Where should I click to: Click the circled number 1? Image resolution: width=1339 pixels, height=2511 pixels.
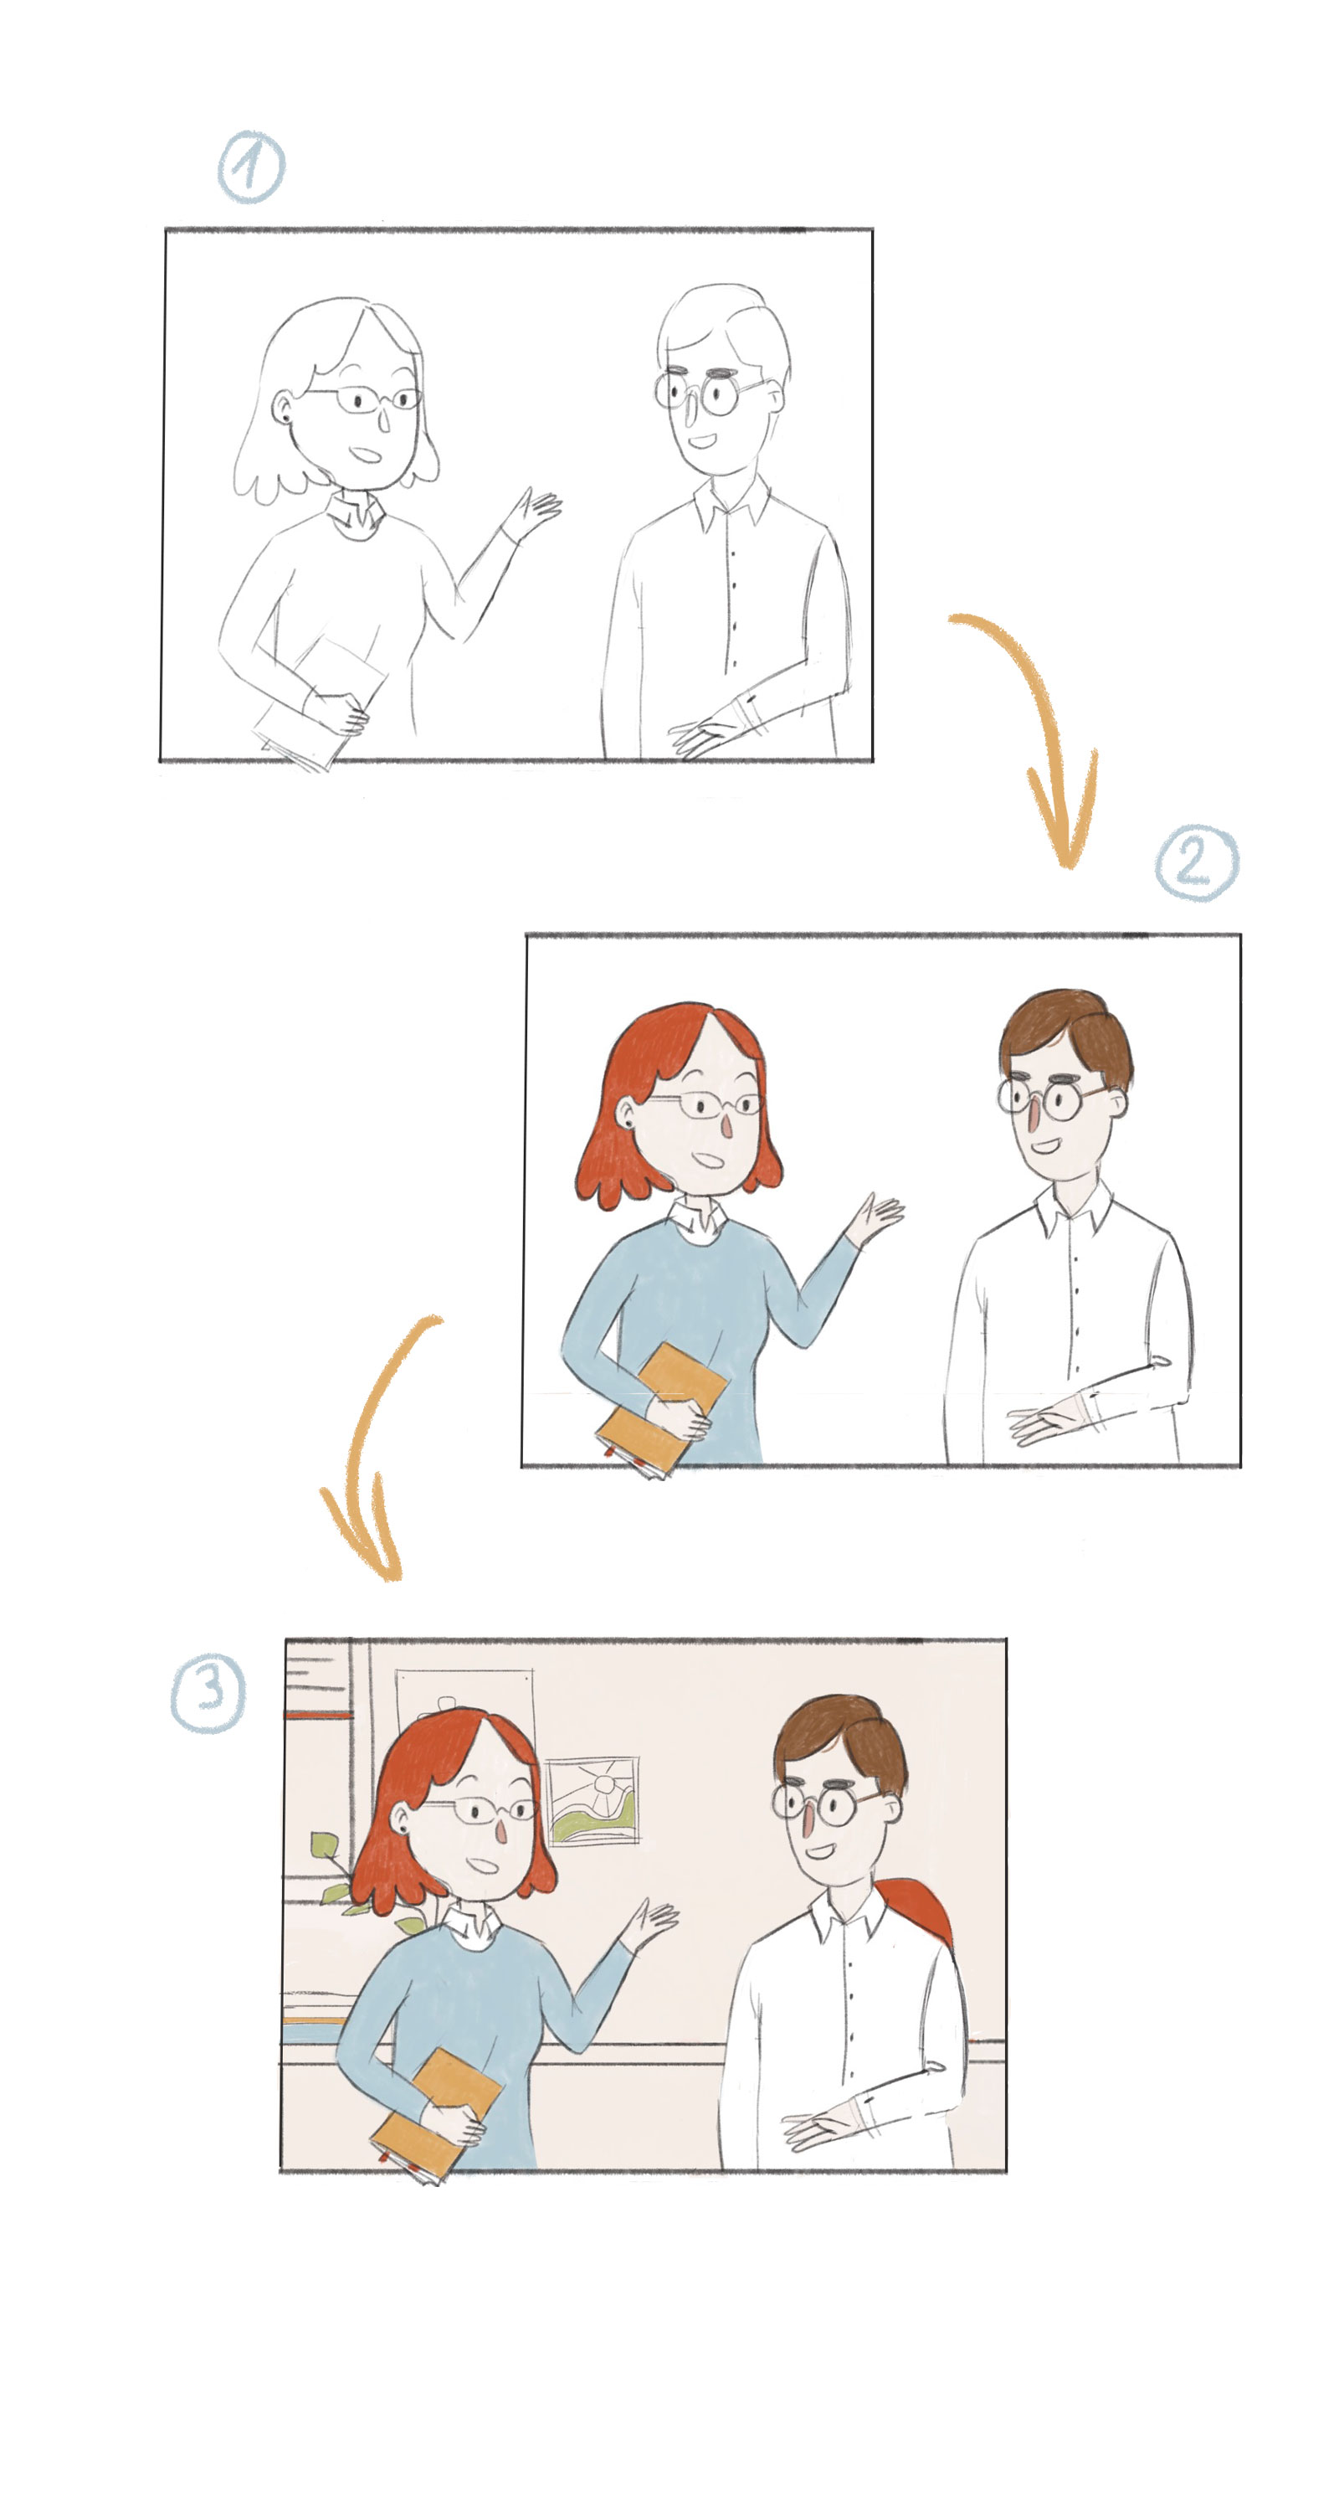tap(250, 167)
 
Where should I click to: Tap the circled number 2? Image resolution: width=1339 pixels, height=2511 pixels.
tap(1197, 862)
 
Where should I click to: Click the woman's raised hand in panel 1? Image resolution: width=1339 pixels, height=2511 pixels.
tap(534, 511)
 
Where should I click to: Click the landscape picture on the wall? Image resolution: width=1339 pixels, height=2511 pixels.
tap(592, 1800)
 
